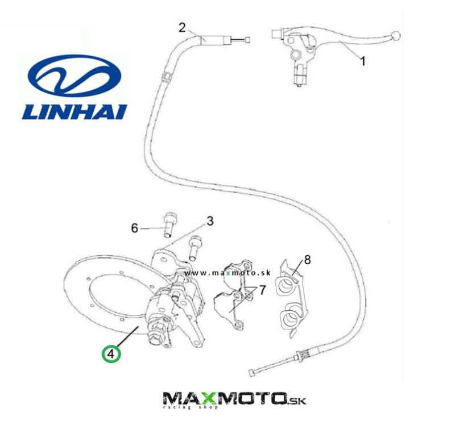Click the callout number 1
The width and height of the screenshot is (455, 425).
tap(363, 60)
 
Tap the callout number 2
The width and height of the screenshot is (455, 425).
tap(182, 27)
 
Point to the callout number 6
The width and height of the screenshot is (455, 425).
tap(135, 228)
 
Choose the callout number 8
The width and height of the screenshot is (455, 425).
tap(307, 260)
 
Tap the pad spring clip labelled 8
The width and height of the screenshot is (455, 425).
tap(293, 301)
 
